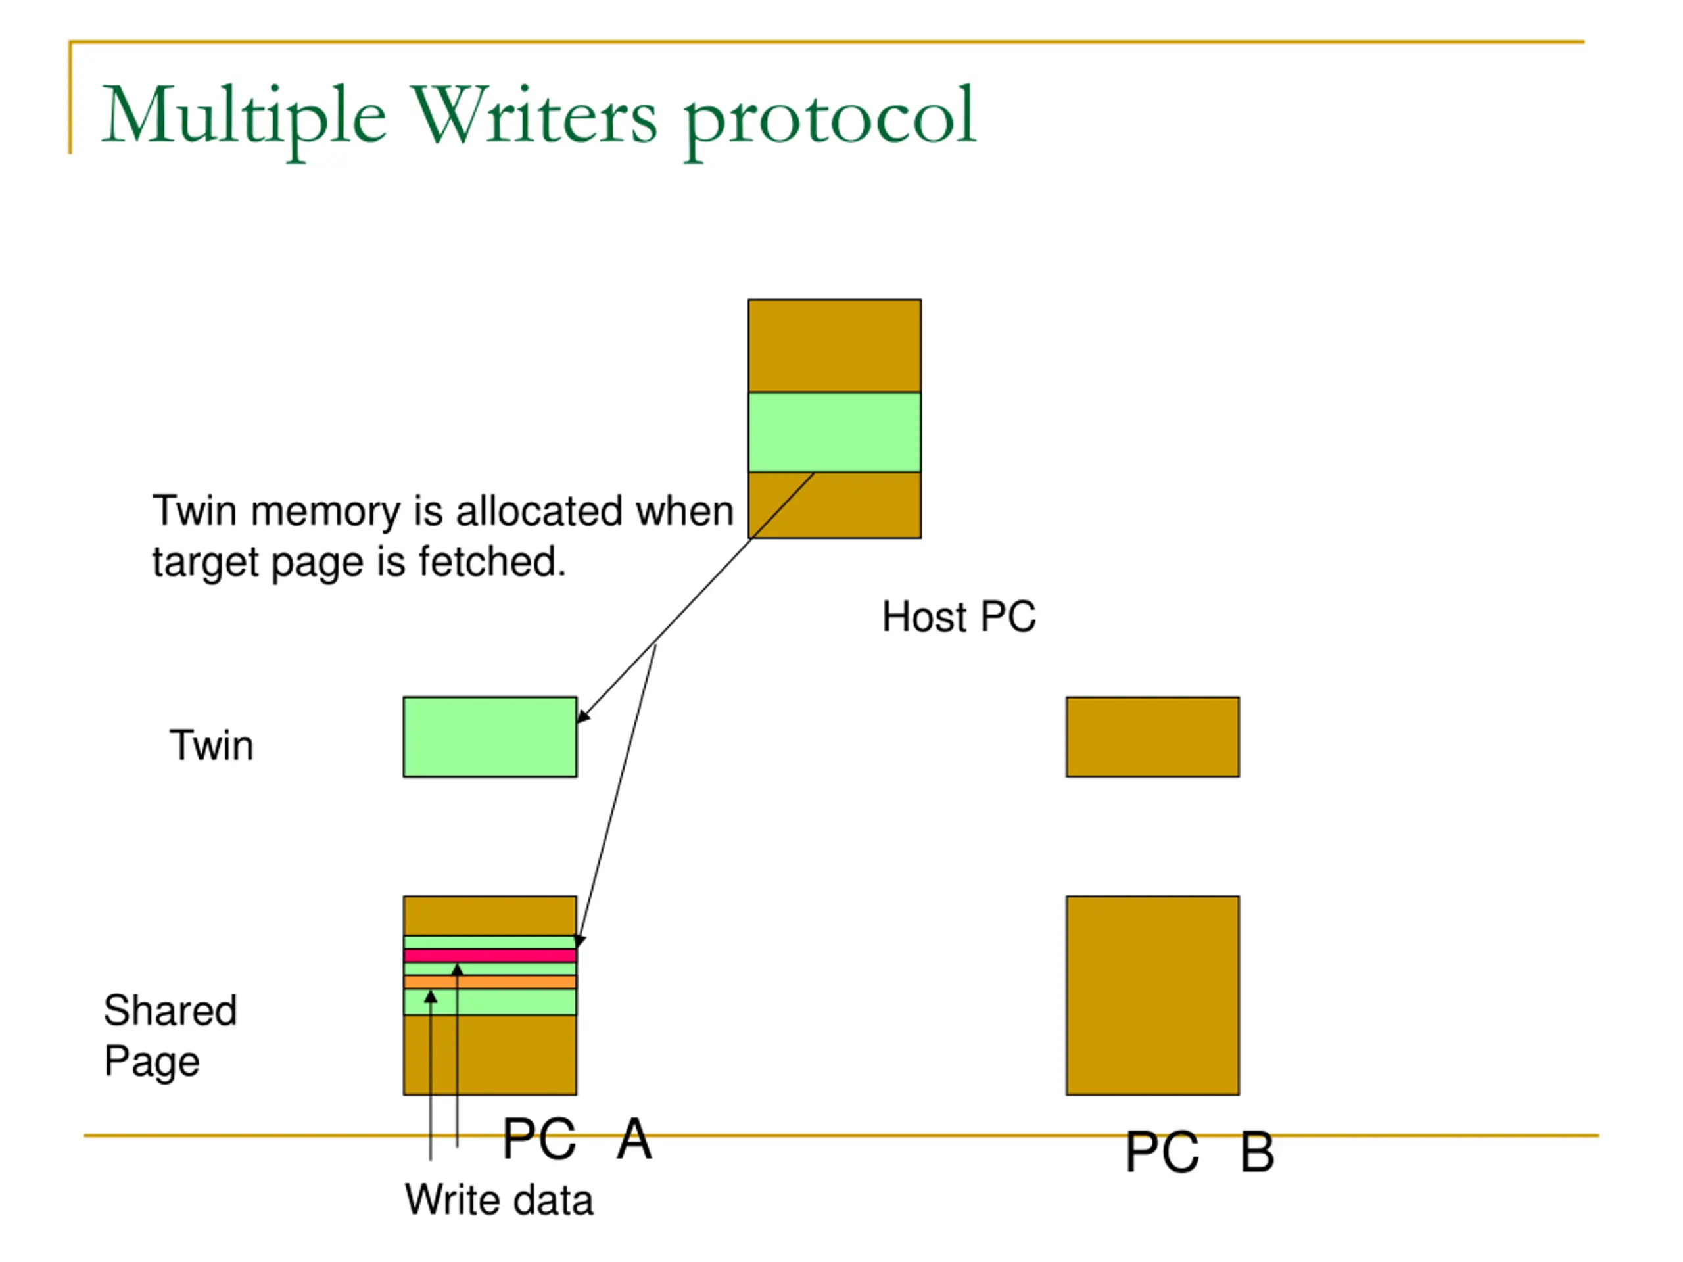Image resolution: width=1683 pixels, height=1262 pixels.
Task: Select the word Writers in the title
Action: click(534, 116)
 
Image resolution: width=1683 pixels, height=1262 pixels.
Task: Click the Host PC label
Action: click(958, 616)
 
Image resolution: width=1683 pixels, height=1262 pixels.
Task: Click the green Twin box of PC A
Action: click(489, 736)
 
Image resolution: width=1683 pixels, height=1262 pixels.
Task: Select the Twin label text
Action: click(212, 745)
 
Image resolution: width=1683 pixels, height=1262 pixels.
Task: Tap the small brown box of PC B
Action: click(1152, 736)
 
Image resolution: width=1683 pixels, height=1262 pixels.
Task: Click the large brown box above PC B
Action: click(1152, 995)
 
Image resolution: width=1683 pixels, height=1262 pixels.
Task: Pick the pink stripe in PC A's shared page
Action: click(489, 956)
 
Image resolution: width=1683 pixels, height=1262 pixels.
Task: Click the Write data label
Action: click(498, 1200)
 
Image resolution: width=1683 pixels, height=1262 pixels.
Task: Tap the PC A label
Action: click(577, 1139)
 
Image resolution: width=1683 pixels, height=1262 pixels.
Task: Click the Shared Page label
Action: click(170, 1035)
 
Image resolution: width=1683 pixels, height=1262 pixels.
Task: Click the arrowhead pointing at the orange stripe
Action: click(431, 996)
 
